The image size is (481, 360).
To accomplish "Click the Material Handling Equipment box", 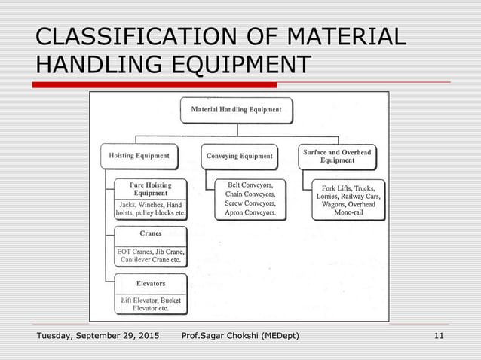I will (236, 110).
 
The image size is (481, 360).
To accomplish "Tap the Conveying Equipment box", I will (239, 157).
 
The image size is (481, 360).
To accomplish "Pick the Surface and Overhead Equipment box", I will (337, 157).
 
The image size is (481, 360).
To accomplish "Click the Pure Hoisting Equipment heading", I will (150, 189).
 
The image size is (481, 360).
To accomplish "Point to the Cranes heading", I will (150, 234).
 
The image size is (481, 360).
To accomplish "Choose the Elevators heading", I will (150, 284).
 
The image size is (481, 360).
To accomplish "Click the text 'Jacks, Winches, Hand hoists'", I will (150, 209).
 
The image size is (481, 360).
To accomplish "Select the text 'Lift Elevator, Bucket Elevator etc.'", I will (150, 304).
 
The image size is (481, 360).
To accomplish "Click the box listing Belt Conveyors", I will (250, 199).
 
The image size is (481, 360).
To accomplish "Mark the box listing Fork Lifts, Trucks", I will (348, 199).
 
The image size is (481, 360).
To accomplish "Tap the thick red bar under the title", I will (158, 84).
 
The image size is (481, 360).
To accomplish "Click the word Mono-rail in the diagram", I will (349, 214).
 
